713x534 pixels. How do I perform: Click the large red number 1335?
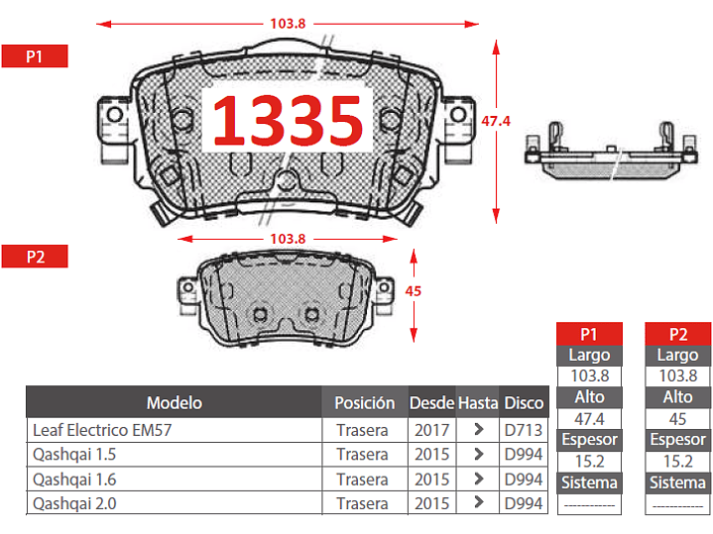[288, 121]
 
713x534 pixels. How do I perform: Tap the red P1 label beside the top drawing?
[35, 56]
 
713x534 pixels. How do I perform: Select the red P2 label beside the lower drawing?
[35, 257]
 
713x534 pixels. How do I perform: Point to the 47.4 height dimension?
[496, 121]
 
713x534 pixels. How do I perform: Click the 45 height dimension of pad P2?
[413, 291]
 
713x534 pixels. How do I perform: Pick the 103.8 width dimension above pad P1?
[288, 24]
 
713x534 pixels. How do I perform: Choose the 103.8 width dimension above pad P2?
[288, 239]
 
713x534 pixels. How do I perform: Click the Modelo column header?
[175, 402]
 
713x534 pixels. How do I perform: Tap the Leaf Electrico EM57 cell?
[102, 430]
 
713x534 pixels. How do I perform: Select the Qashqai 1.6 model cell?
[74, 480]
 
